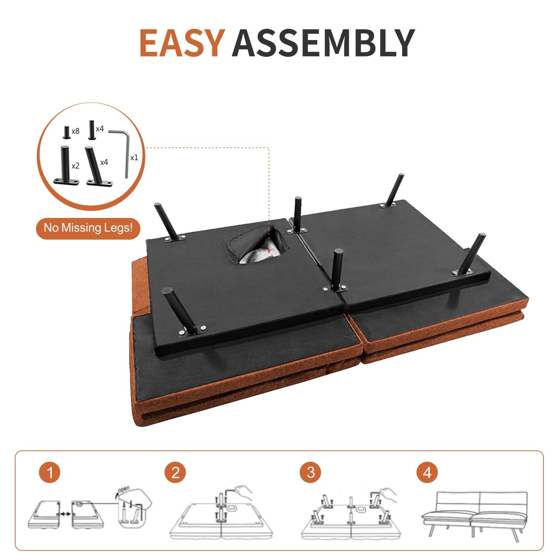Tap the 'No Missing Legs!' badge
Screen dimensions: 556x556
tap(88, 228)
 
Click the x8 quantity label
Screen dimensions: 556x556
tap(76, 131)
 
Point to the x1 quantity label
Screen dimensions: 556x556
tap(134, 158)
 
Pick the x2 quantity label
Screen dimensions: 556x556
tap(75, 166)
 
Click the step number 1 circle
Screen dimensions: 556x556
tap(49, 472)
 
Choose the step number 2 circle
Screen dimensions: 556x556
tap(175, 472)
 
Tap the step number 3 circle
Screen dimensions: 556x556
tap(311, 472)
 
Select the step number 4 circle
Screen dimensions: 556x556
tap(427, 472)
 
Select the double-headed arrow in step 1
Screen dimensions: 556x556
tap(65, 514)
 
